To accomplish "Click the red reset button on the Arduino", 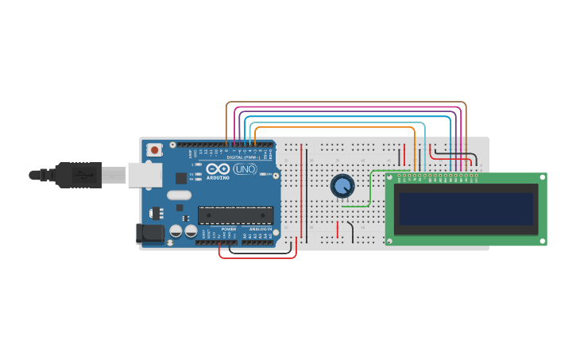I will pos(154,149).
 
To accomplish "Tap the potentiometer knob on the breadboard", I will pos(342,186).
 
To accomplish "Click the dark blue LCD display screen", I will pos(466,209).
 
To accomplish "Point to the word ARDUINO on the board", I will pos(218,178).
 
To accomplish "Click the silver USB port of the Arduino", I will pos(145,175).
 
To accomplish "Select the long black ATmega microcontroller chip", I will pos(235,215).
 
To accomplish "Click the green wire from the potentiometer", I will pos(367,195).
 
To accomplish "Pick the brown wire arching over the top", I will pos(346,102).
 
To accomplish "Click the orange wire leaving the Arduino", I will pos(334,127).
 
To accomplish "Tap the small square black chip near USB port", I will pos(181,179).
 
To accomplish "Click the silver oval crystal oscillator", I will pos(179,195).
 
